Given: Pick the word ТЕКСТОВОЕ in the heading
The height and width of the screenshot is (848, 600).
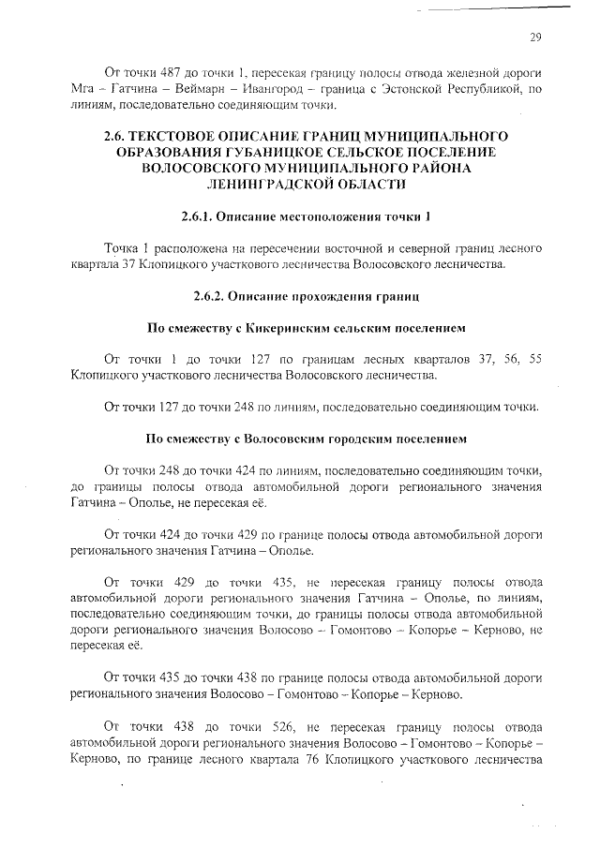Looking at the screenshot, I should [x=196, y=136].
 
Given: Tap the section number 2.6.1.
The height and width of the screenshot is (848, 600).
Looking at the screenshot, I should [x=198, y=216].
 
